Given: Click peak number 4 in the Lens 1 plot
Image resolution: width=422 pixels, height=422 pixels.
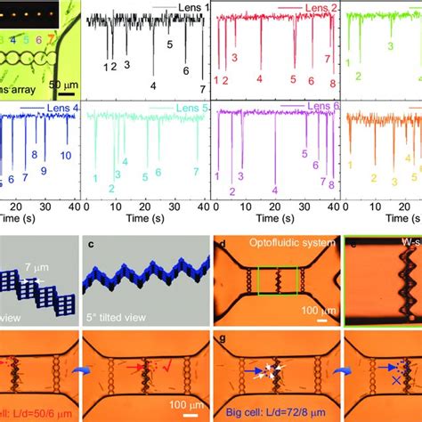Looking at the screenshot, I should tap(153, 85).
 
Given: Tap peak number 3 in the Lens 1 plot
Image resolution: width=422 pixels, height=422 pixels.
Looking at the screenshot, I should tap(126, 65).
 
